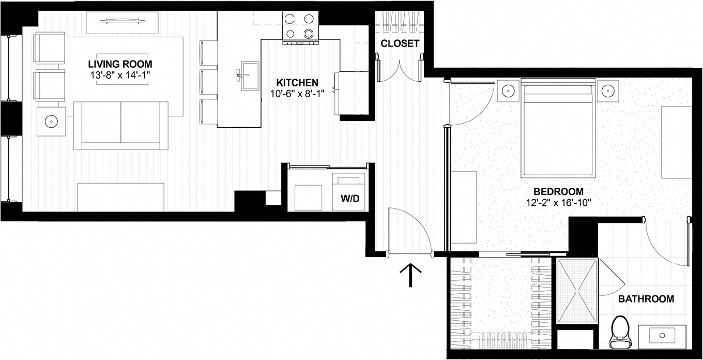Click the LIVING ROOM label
(120, 64)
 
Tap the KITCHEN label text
(297, 83)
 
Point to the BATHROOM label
(646, 299)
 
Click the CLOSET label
(400, 43)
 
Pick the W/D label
(348, 198)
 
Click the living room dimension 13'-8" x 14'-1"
(120, 76)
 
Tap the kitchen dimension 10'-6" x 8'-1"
(297, 94)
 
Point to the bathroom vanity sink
(662, 336)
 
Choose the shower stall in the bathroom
(577, 292)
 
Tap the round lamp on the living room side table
(51, 122)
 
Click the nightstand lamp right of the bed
(607, 91)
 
